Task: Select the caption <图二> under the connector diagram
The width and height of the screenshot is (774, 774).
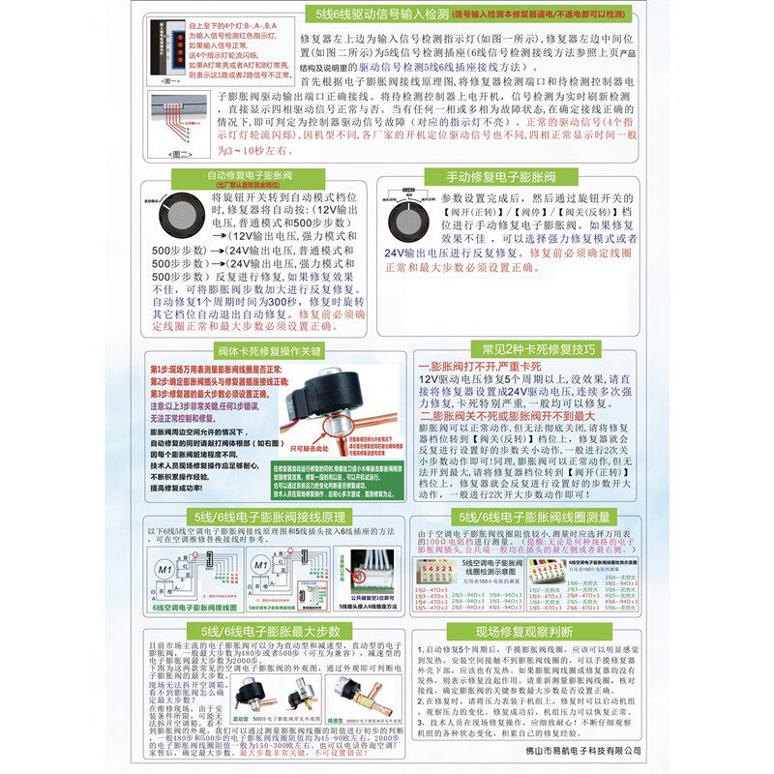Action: (x=180, y=154)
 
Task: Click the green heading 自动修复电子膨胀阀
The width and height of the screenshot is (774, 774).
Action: (x=253, y=177)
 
